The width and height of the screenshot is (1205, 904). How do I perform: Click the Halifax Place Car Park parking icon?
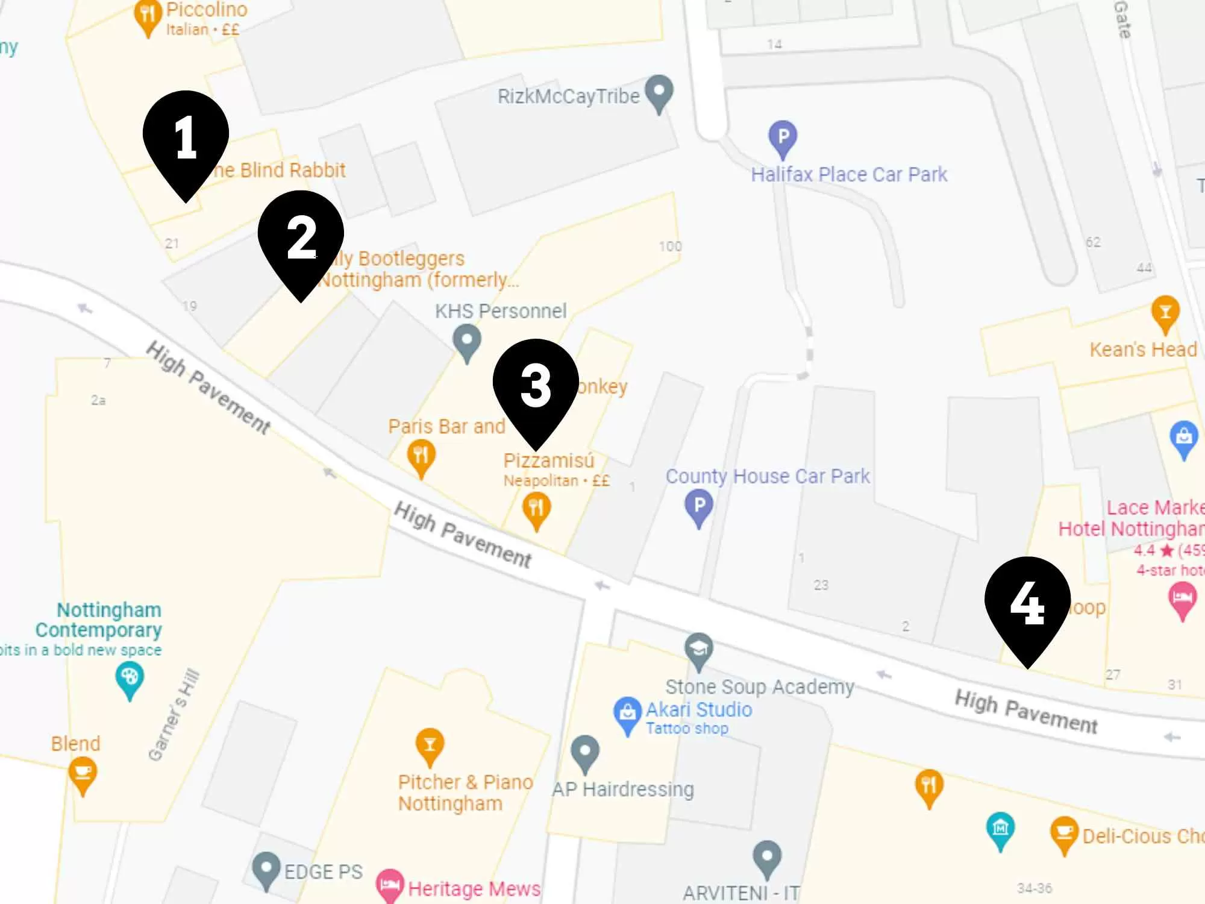click(783, 137)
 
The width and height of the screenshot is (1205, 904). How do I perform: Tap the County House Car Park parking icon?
click(699, 506)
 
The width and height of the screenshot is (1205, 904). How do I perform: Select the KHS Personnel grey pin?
click(467, 341)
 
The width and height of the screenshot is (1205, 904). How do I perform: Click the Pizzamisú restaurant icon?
click(536, 508)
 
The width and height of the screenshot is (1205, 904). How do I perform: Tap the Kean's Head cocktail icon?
click(1165, 312)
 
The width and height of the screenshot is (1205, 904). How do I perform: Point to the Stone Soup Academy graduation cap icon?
click(699, 650)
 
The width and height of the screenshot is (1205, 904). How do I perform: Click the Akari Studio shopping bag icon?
click(627, 713)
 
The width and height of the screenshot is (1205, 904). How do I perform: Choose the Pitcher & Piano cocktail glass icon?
click(430, 745)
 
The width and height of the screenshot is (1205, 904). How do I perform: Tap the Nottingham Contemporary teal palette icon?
click(130, 678)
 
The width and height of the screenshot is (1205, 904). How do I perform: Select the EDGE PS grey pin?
click(266, 868)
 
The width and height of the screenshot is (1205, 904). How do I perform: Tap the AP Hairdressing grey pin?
click(585, 752)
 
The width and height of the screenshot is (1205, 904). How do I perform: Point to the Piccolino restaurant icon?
click(148, 15)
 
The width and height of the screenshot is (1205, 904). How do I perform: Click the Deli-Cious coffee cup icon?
click(1064, 833)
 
